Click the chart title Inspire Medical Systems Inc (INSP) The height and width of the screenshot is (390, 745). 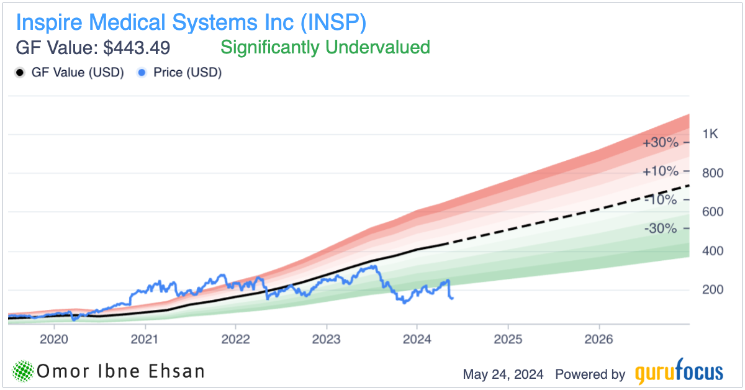tap(191, 22)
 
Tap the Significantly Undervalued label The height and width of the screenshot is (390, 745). tap(325, 47)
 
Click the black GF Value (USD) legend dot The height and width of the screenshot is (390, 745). tap(19, 73)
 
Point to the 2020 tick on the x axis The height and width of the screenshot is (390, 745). tap(54, 340)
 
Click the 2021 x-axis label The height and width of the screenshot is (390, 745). tap(145, 340)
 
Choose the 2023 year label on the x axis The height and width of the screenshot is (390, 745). tap(327, 340)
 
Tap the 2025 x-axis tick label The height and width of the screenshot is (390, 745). tap(508, 340)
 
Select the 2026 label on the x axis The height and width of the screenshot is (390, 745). tap(599, 340)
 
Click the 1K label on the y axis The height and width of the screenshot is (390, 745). tap(710, 134)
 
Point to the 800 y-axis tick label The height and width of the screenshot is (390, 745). tap(711, 173)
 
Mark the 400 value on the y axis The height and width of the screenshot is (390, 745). tap(711, 252)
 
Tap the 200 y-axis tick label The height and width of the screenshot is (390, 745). tap(711, 290)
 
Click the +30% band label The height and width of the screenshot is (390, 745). tap(661, 142)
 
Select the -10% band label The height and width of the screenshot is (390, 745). tap(661, 200)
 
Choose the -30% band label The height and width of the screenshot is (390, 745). tap(661, 229)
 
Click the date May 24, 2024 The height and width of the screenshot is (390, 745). tap(503, 374)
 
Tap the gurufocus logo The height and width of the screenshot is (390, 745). tap(679, 373)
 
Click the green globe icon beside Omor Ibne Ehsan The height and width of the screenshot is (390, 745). tap(22, 371)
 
